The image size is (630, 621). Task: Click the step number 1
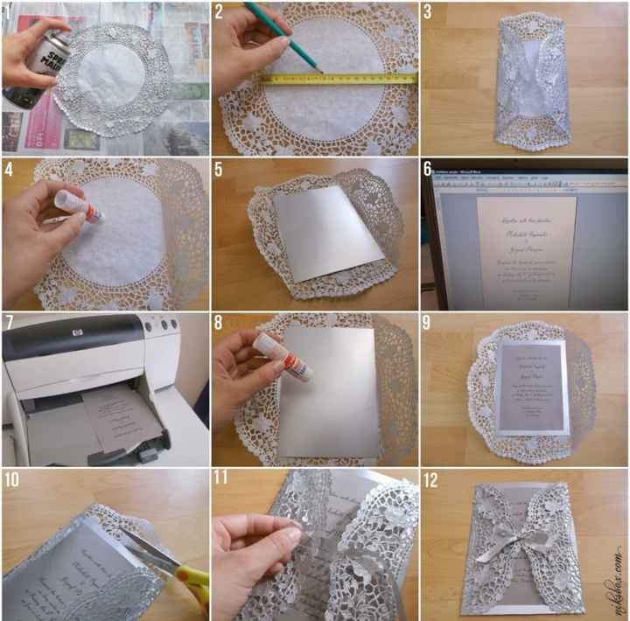(x=8, y=13)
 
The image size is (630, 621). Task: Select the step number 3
(x=429, y=12)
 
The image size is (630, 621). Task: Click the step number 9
(x=429, y=324)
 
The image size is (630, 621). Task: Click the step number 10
(x=12, y=479)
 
